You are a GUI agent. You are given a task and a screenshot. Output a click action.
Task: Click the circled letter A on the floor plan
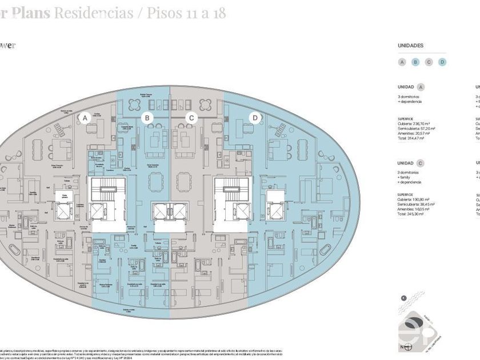tap(85, 118)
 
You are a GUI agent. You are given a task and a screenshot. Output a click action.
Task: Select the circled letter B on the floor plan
tap(147, 118)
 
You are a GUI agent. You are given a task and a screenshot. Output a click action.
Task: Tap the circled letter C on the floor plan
tap(192, 118)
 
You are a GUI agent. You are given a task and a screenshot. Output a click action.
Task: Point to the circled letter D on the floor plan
tap(255, 118)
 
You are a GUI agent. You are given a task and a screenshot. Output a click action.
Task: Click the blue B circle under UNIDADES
tap(415, 62)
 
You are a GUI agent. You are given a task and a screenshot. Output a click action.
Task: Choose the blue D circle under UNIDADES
tap(442, 62)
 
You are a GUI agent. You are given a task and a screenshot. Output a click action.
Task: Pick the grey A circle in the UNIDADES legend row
tap(402, 62)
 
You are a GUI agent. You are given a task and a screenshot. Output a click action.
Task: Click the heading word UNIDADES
tap(410, 45)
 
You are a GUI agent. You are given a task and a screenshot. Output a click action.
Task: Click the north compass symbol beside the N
tap(409, 346)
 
